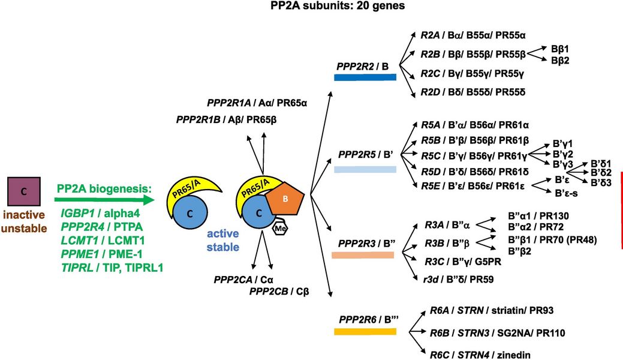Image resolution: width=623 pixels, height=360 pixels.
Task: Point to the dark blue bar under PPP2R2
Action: click(365, 77)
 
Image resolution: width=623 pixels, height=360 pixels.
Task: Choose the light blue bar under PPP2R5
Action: click(365, 170)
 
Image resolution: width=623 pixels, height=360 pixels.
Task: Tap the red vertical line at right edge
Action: click(621, 210)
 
